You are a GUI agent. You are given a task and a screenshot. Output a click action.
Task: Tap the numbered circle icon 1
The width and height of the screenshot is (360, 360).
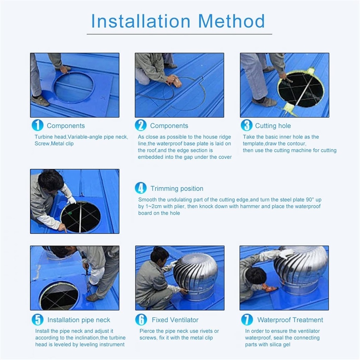37,126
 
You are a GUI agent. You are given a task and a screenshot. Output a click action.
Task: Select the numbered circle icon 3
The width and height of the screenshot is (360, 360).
246,126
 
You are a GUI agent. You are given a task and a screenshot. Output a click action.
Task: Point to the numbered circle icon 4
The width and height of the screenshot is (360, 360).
141,188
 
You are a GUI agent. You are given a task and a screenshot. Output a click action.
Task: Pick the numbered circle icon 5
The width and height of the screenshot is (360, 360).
37,320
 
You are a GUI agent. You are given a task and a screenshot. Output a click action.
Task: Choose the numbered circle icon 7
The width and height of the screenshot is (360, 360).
247,320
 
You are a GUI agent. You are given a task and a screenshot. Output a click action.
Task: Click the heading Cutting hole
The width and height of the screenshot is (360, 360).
273,126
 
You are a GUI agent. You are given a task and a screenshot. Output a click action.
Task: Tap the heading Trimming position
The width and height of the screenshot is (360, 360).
177,189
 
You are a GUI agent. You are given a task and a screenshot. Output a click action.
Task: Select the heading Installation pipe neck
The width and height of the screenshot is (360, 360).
79,320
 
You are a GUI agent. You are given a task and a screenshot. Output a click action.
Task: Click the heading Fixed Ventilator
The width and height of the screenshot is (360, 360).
175,320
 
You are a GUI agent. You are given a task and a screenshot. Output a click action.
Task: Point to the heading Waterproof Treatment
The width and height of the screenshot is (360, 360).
290,320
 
